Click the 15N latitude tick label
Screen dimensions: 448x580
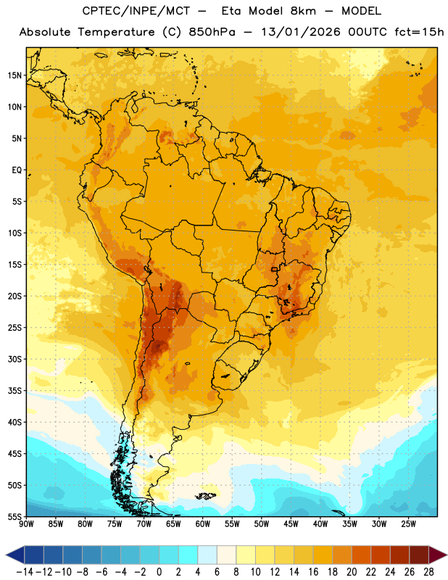click(x=14, y=75)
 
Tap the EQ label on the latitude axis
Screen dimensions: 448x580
click(x=17, y=170)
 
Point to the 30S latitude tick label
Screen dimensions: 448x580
click(x=14, y=360)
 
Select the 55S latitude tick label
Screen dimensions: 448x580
click(x=14, y=517)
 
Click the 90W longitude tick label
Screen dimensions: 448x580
click(x=26, y=524)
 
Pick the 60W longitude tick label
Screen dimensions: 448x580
click(x=203, y=524)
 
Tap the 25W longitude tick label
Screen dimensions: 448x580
click(x=408, y=524)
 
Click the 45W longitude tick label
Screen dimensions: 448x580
click(x=291, y=524)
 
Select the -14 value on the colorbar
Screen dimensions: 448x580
click(x=25, y=572)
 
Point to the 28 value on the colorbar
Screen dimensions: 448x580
click(x=428, y=572)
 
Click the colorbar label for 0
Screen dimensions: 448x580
click(x=159, y=572)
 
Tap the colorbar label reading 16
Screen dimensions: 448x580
click(x=313, y=572)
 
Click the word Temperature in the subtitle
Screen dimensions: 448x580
click(x=116, y=32)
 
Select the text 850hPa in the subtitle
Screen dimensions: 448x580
click(x=212, y=32)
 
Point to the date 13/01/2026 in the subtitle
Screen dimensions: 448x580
click(x=300, y=32)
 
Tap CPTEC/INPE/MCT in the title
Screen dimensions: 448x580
click(x=136, y=11)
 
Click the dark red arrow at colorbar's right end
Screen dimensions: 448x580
click(x=438, y=555)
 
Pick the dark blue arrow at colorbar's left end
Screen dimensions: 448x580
click(x=15, y=555)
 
